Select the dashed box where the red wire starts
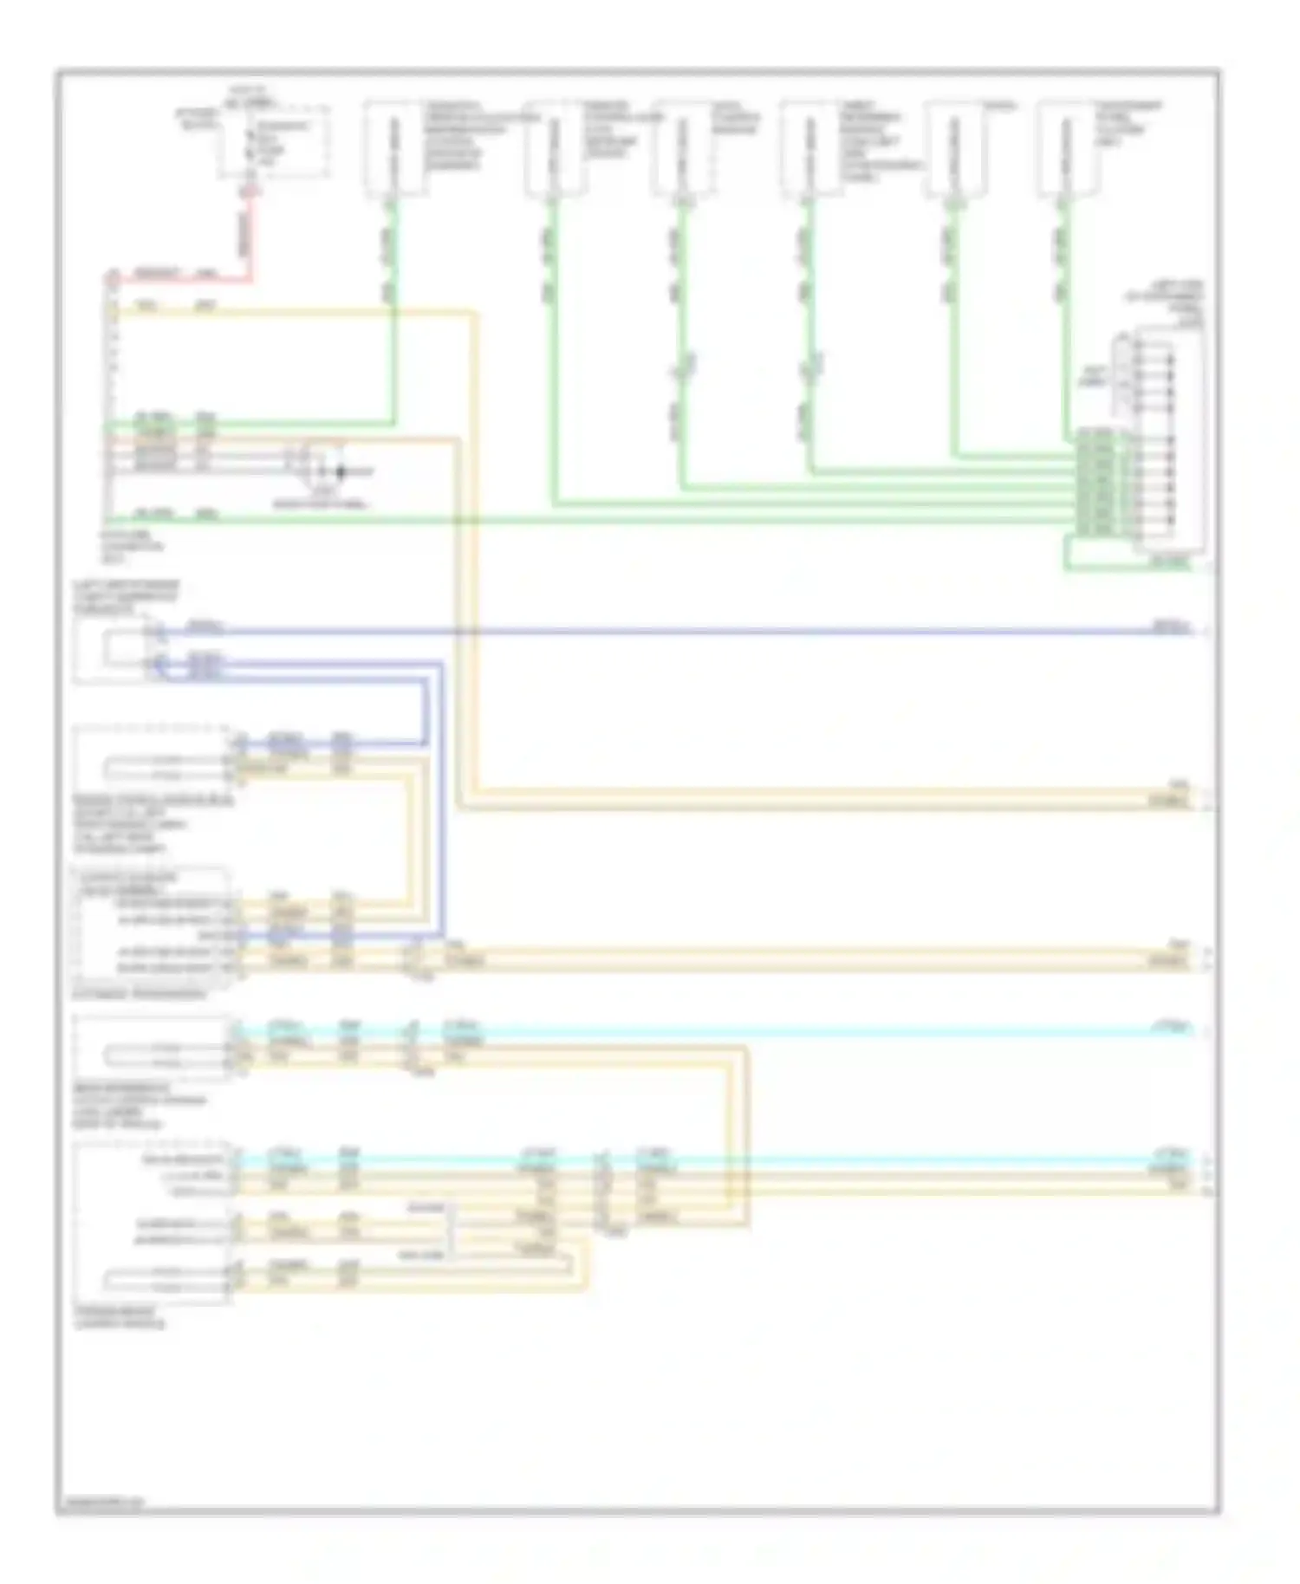273,141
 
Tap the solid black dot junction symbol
341,472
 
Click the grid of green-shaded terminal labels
1096,482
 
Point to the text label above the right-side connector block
1167,302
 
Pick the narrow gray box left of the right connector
1124,373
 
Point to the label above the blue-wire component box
126,597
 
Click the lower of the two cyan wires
693,1159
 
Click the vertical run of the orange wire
457,624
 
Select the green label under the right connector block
1170,563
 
